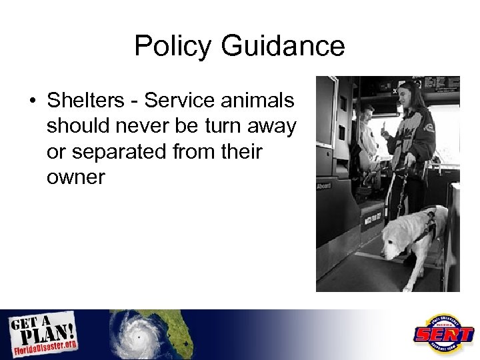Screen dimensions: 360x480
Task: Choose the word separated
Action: (131, 153)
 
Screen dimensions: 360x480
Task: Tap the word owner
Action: (76, 177)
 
